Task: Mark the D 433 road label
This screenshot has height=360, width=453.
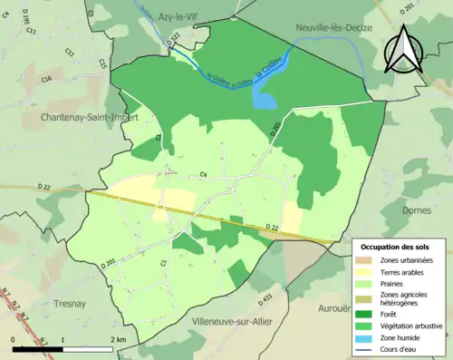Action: (265, 297)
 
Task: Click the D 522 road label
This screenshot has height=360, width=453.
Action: (174, 39)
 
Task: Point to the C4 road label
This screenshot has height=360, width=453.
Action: (204, 174)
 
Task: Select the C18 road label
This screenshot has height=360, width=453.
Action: (46, 80)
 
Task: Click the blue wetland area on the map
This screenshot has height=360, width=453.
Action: (265, 97)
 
